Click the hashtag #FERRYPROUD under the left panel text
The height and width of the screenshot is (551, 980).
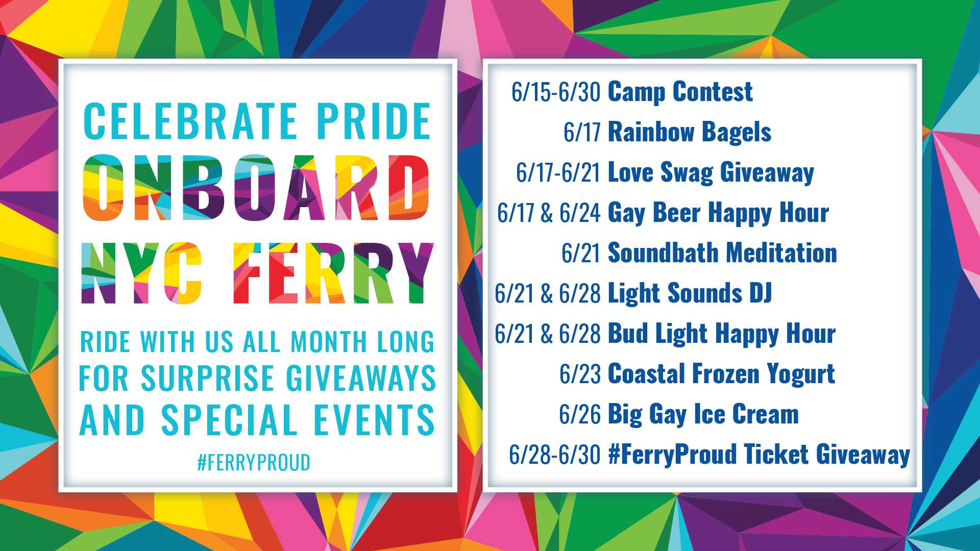(254, 463)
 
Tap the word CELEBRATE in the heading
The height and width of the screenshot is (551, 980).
(190, 121)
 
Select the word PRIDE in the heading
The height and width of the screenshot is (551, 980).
(374, 121)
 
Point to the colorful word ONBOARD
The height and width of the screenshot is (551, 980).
(256, 187)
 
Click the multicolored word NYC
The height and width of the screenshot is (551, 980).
(141, 273)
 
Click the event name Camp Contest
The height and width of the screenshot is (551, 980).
(680, 92)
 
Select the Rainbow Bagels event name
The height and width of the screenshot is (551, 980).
(690, 132)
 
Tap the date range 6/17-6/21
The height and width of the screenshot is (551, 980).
(558, 172)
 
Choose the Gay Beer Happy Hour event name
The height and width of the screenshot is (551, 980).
(718, 213)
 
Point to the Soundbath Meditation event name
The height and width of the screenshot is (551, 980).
(722, 253)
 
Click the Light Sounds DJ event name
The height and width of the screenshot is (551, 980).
(690, 293)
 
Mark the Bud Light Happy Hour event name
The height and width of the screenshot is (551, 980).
(722, 334)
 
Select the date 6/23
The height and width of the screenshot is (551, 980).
(580, 374)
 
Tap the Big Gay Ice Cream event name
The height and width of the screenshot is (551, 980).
(703, 414)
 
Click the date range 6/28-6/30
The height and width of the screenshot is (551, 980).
(555, 455)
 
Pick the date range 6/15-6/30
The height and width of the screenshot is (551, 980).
(556, 92)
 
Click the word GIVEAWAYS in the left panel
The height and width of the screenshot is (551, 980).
(361, 378)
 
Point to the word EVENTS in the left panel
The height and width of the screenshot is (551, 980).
(374, 420)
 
